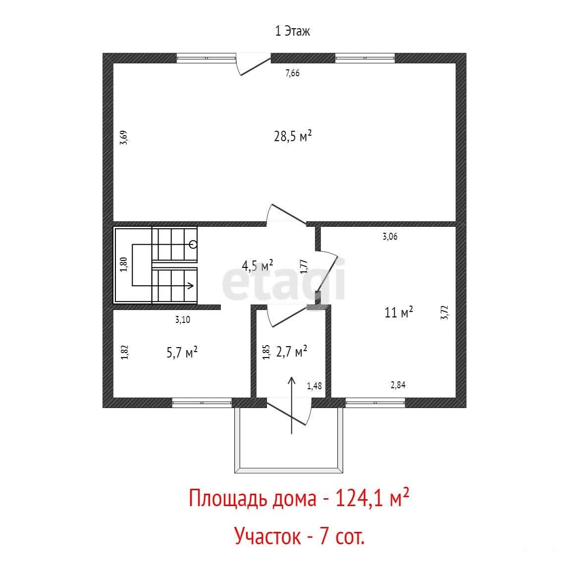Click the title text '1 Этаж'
pyautogui.click(x=293, y=31)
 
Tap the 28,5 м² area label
pyautogui.click(x=293, y=136)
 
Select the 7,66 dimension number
pyautogui.click(x=293, y=73)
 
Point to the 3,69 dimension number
pyautogui.click(x=124, y=138)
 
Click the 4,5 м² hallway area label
pyautogui.click(x=258, y=265)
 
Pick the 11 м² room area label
pyautogui.click(x=399, y=312)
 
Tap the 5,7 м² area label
pyautogui.click(x=182, y=352)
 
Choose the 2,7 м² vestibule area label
pyautogui.click(x=292, y=351)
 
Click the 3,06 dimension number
pyautogui.click(x=390, y=237)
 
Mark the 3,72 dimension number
pyautogui.click(x=445, y=312)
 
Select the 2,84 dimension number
pyautogui.click(x=398, y=385)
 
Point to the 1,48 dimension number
pyautogui.click(x=314, y=386)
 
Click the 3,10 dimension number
pyautogui.click(x=183, y=320)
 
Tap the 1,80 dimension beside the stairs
pyautogui.click(x=124, y=264)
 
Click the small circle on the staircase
pyautogui.click(x=194, y=245)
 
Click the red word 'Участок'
pyautogui.click(x=268, y=536)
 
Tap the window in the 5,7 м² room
pyautogui.click(x=202, y=403)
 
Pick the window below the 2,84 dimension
pyautogui.click(x=375, y=403)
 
